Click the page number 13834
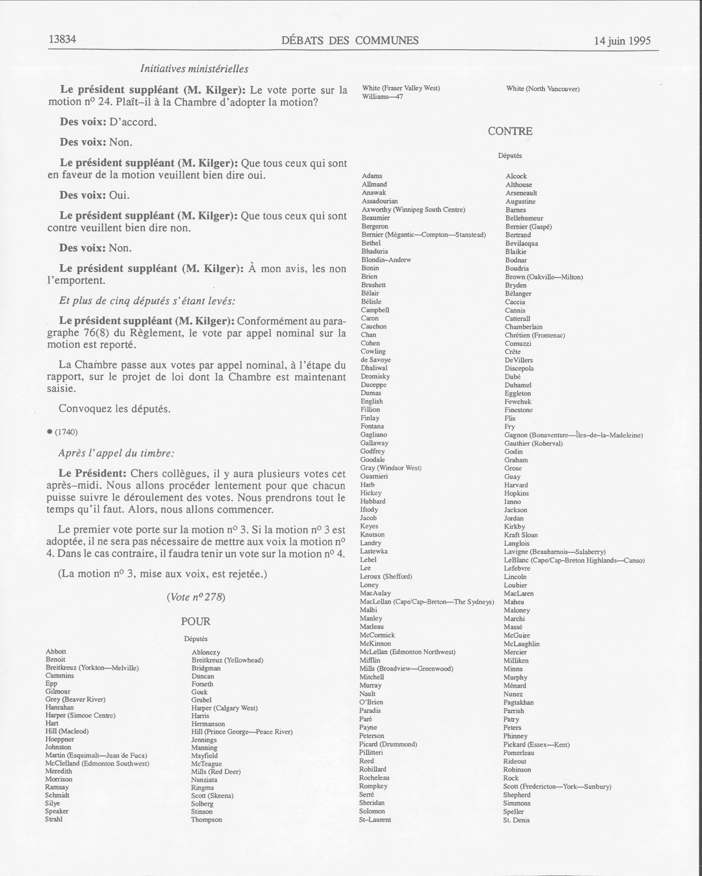[x=63, y=39]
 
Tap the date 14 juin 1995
[x=622, y=41]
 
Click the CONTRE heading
[x=510, y=131]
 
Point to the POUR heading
[x=195, y=621]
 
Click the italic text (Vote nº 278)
[x=195, y=597]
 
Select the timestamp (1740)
[x=66, y=432]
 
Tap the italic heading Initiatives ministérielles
[x=194, y=69]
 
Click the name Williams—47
[x=382, y=97]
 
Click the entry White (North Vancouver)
[x=543, y=88]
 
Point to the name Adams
[x=372, y=176]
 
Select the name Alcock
[x=516, y=176]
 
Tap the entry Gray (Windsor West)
[x=391, y=468]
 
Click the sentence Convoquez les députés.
[x=115, y=409]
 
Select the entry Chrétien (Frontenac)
[x=535, y=335]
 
